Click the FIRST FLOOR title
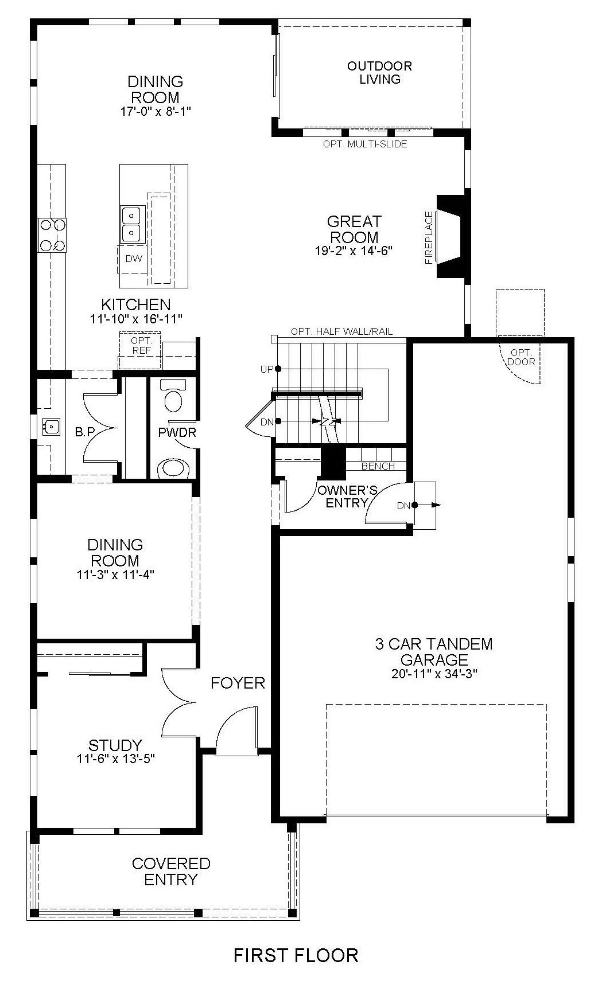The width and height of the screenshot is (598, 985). [x=296, y=955]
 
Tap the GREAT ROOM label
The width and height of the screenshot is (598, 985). [x=354, y=229]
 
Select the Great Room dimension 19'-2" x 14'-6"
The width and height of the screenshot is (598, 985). [x=354, y=251]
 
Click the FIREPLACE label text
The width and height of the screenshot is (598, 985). [x=429, y=237]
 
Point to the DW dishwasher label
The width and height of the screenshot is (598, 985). [x=134, y=259]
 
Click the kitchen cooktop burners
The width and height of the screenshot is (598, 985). [x=52, y=235]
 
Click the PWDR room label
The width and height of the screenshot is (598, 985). [x=177, y=432]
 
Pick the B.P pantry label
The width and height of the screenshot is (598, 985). [x=84, y=432]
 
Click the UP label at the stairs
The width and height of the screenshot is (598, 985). [x=267, y=369]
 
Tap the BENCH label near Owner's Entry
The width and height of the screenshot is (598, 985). [x=378, y=466]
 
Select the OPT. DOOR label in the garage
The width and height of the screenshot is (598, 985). [x=521, y=357]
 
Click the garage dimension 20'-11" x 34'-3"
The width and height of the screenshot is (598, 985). [x=434, y=674]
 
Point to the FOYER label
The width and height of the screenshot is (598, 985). [x=238, y=683]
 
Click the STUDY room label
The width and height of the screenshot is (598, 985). [x=115, y=745]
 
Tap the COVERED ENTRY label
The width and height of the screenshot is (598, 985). [x=171, y=871]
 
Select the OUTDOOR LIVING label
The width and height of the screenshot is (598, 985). [x=379, y=73]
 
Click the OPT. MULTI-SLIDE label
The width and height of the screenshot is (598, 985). [x=365, y=144]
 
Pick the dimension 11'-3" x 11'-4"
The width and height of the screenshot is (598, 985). [x=115, y=574]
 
